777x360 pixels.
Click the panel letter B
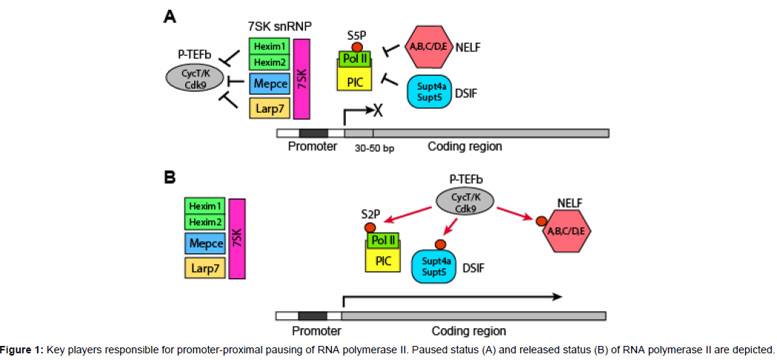170,179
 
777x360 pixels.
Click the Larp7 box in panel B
204,268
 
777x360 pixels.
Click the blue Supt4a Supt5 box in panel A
431,91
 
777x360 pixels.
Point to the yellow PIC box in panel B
382,259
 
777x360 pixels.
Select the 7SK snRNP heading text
280,26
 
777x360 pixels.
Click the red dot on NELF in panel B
541,220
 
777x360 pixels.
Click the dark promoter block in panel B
312,316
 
